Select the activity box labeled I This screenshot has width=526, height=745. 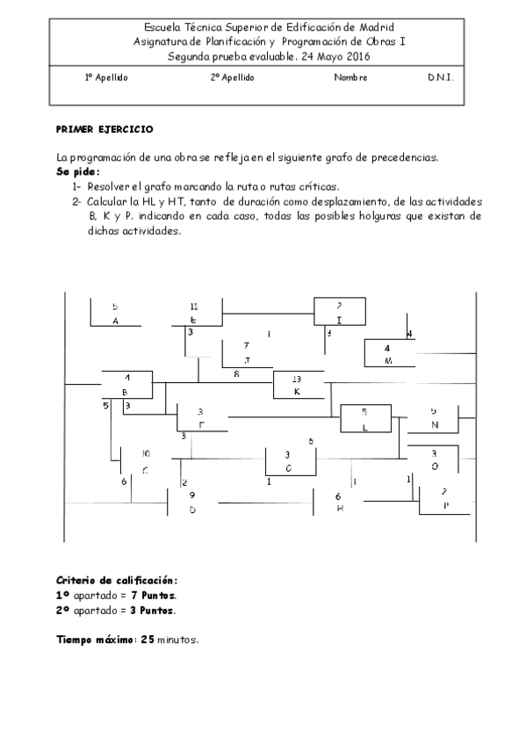[339, 312]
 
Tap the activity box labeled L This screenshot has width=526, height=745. [364, 418]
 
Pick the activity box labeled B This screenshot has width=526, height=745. [126, 385]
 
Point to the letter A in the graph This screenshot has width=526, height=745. [115, 322]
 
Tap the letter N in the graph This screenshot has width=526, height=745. [434, 425]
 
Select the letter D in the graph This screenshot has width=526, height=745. [192, 510]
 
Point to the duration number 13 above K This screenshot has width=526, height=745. [297, 379]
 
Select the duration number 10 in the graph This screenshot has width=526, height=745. [146, 453]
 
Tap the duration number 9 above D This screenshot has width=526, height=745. [192, 495]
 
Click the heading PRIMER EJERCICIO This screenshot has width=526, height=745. [104, 129]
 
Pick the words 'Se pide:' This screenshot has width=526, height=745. [78, 171]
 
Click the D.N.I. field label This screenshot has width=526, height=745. [441, 77]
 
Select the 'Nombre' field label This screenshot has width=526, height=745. [350, 77]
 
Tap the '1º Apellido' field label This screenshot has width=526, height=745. [106, 77]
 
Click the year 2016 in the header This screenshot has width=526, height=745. [357, 56]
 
